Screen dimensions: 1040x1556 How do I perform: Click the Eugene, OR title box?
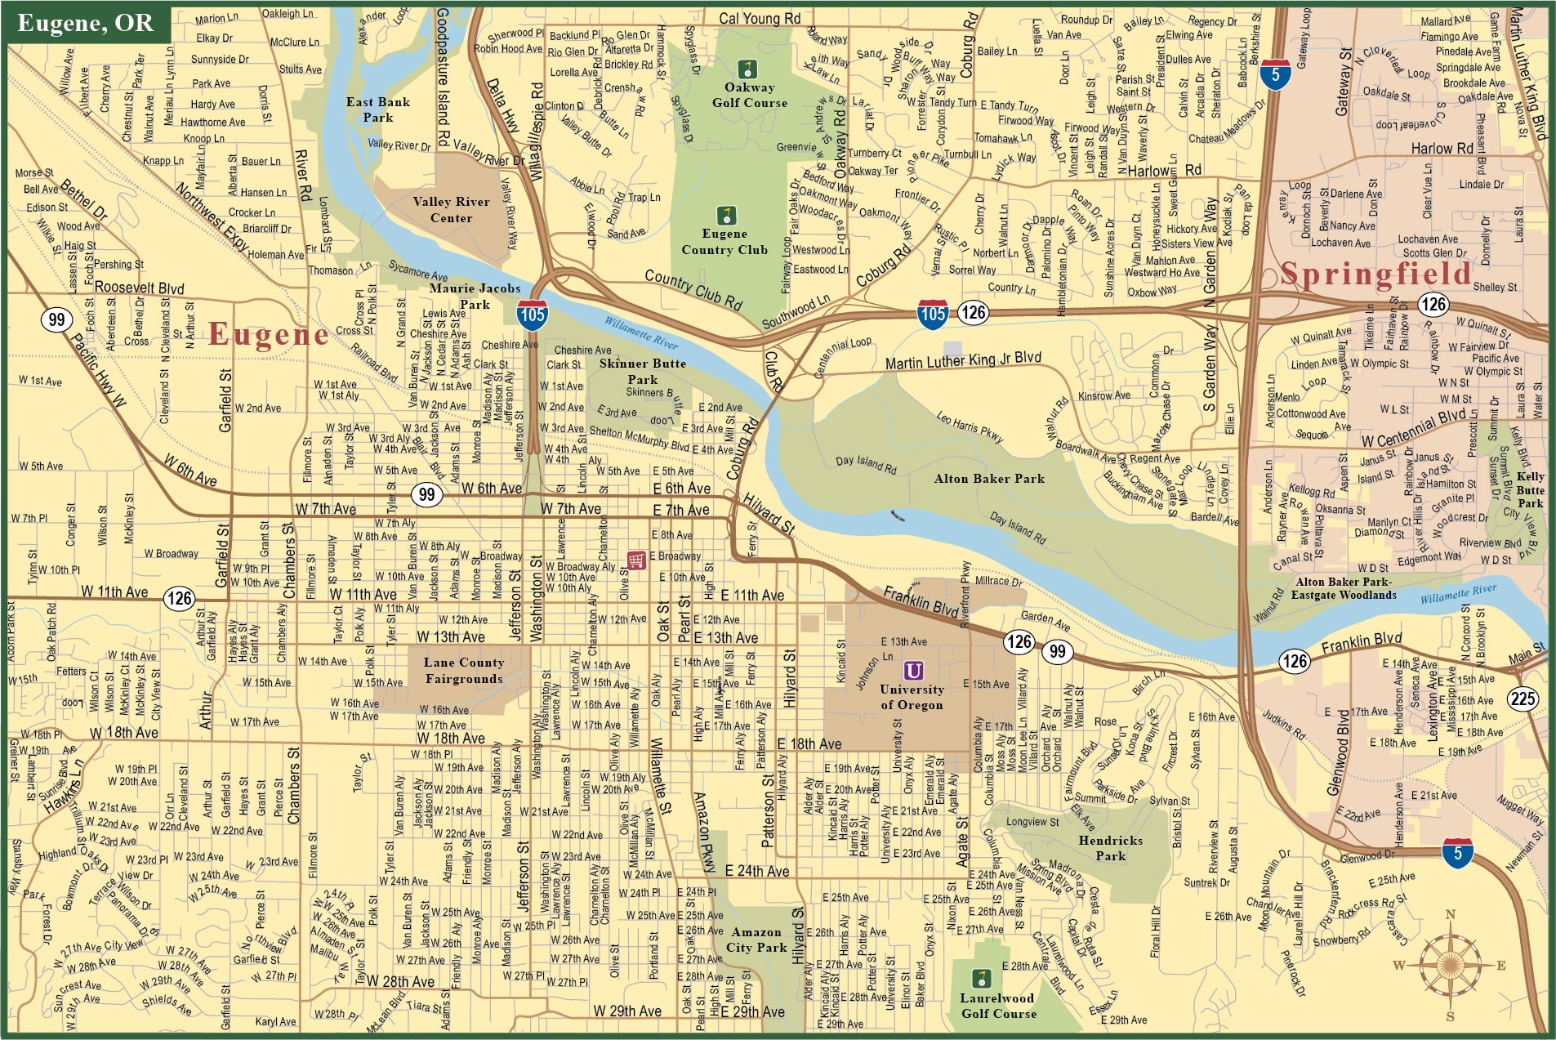click(86, 23)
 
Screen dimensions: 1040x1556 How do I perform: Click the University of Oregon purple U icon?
click(913, 671)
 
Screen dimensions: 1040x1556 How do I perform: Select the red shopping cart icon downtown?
click(636, 560)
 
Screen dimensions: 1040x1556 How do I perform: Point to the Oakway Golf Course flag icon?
click(746, 69)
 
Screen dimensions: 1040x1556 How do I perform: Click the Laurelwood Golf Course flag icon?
click(981, 977)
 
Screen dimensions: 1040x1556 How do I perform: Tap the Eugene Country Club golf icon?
click(725, 216)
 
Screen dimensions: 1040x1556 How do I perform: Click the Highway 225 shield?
click(1523, 699)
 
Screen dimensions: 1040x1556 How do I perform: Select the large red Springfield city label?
click(1375, 274)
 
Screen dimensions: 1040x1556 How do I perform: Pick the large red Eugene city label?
click(268, 334)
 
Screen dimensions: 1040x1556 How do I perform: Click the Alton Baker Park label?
click(989, 479)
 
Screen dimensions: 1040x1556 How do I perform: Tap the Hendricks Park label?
click(1110, 848)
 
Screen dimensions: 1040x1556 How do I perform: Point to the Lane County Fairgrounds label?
click(463, 671)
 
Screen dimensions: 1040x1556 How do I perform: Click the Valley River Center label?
click(451, 210)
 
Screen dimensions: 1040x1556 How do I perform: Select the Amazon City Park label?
click(756, 940)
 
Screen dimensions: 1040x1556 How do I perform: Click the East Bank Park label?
click(377, 109)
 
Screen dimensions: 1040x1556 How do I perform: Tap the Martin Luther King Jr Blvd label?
click(963, 359)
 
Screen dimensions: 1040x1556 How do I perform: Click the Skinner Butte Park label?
click(642, 371)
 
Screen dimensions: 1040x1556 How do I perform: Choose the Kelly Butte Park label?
click(1530, 489)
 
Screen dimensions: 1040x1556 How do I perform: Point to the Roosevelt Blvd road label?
click(139, 288)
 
